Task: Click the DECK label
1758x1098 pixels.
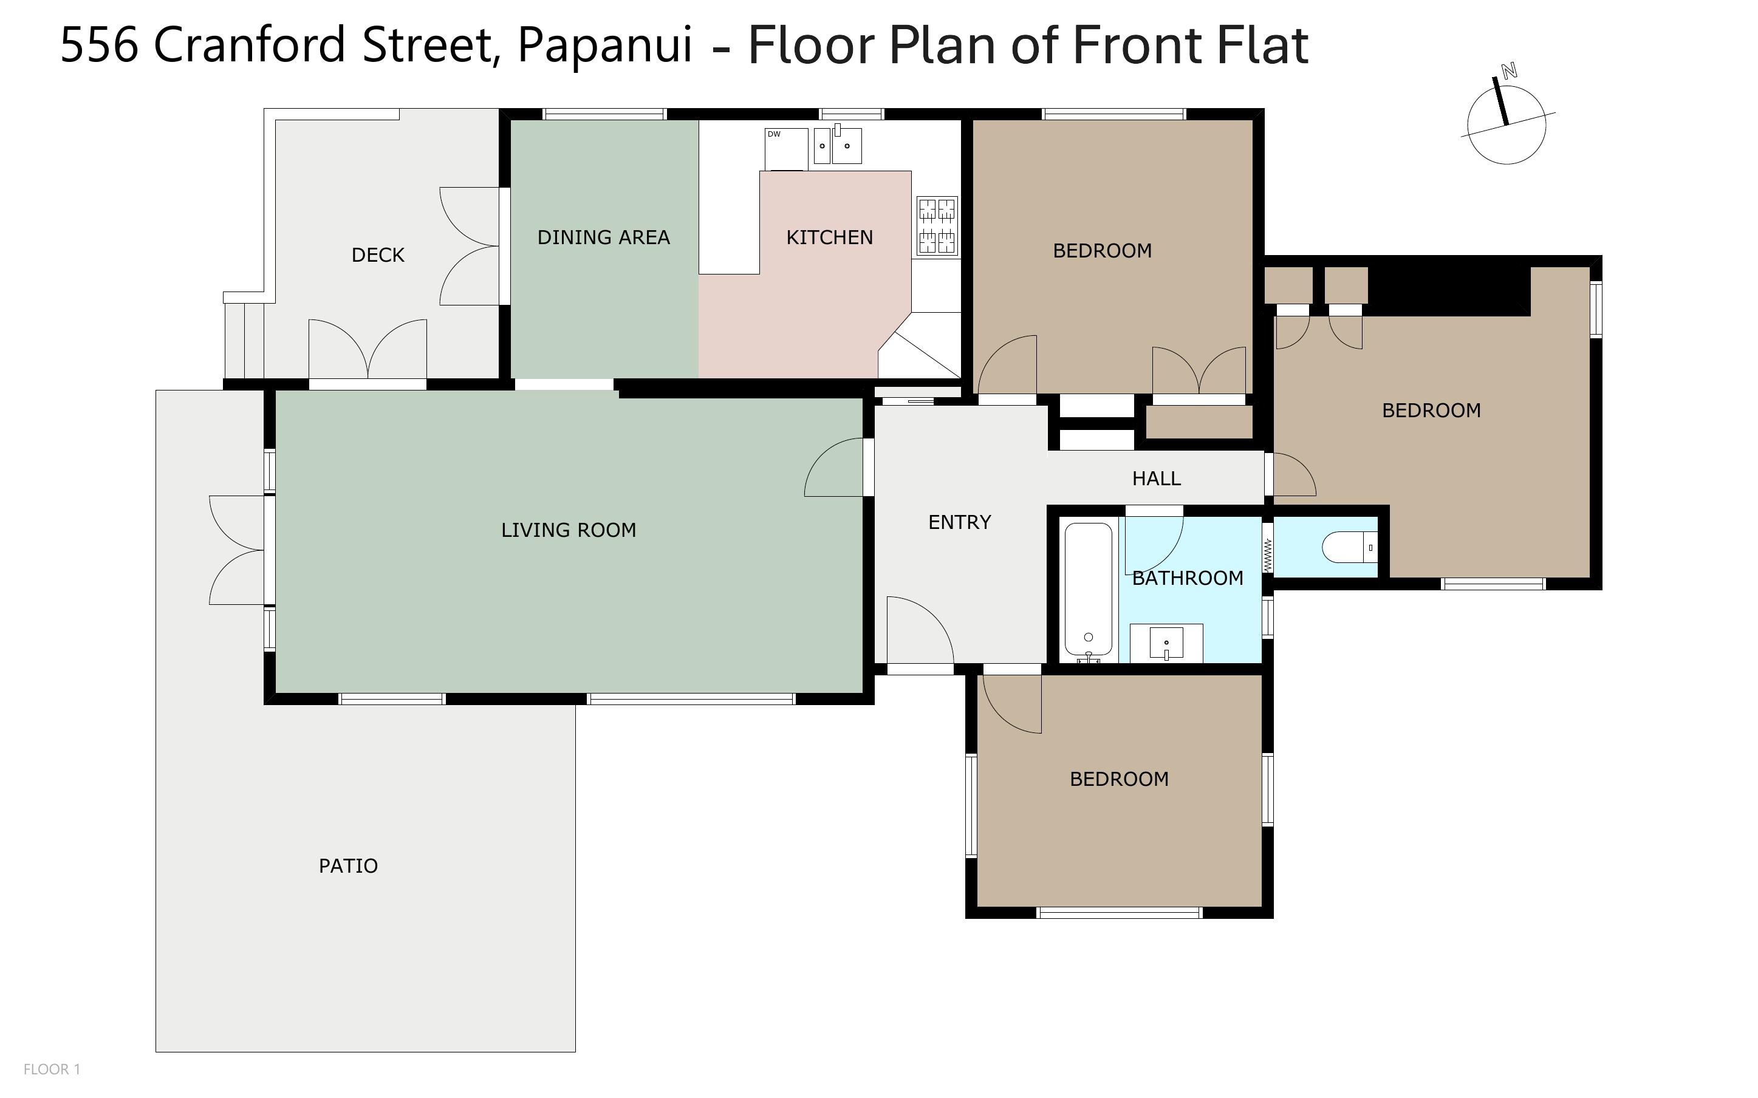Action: tap(378, 255)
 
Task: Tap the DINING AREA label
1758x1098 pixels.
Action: tap(603, 237)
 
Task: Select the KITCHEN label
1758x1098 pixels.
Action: tap(829, 237)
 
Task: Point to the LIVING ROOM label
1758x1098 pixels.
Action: tap(569, 530)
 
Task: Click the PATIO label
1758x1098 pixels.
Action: tap(349, 865)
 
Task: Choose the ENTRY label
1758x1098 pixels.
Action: tap(959, 522)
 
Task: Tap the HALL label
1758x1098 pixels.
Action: tap(1156, 479)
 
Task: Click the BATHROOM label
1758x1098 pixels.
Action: tap(1187, 578)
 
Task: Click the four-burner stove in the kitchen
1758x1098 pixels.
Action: tap(937, 226)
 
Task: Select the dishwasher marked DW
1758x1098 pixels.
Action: tap(785, 149)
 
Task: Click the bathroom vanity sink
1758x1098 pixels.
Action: tap(1166, 643)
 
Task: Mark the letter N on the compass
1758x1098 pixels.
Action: tap(1509, 71)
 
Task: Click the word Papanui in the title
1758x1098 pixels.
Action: tap(605, 45)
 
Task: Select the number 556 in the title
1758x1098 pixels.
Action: tap(99, 45)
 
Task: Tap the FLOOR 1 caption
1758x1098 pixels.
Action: tap(52, 1069)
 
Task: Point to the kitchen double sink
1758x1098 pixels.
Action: tap(837, 145)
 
